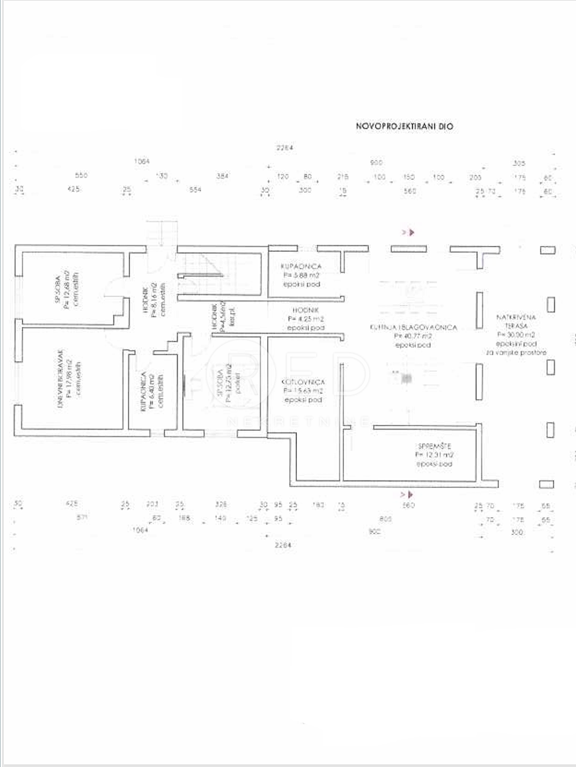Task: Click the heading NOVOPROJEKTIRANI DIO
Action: coord(405,125)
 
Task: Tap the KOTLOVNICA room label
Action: coord(302,383)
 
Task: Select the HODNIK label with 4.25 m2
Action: coord(306,310)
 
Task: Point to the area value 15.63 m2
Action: coord(303,392)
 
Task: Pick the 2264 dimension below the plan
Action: coord(283,545)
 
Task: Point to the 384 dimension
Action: coord(223,176)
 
